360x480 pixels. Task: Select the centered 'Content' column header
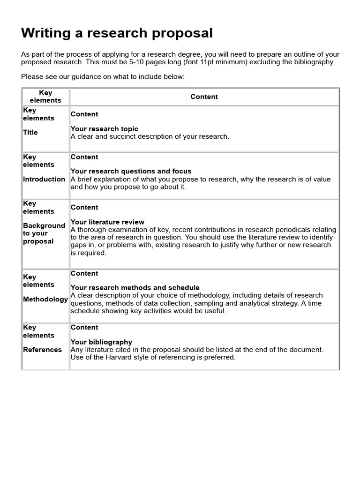pyautogui.click(x=204, y=97)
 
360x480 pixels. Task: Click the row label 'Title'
pyautogui.click(x=30, y=132)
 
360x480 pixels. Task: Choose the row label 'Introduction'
pyautogui.click(x=44, y=179)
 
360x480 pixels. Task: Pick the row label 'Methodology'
pyautogui.click(x=45, y=299)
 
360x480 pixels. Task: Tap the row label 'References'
pyautogui.click(x=42, y=349)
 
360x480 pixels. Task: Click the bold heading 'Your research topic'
pyautogui.click(x=104, y=128)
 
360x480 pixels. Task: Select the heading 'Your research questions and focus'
pyautogui.click(x=131, y=171)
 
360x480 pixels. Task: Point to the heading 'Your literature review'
pyautogui.click(x=107, y=222)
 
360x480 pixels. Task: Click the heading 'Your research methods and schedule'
pyautogui.click(x=135, y=287)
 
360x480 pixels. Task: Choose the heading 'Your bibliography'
pyautogui.click(x=101, y=342)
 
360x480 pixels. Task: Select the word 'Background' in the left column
pyautogui.click(x=44, y=225)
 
